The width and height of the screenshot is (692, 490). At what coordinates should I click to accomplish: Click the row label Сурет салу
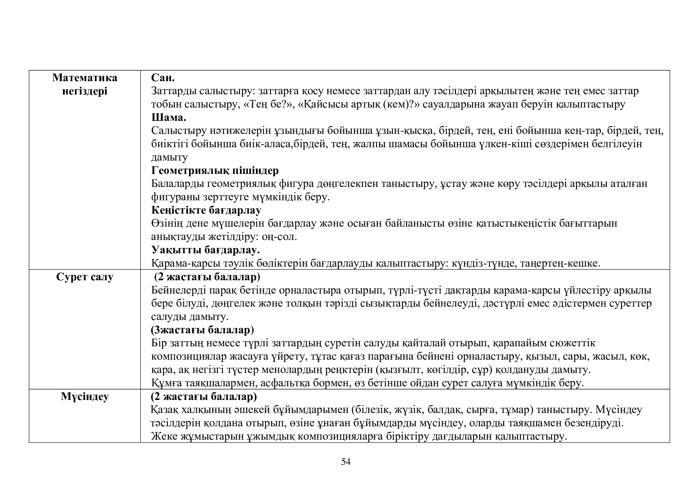85,277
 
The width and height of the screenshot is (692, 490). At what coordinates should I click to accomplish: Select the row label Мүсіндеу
85,396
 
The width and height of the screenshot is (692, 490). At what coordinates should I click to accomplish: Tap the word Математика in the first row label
85,78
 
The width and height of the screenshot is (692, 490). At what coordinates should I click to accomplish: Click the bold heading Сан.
163,78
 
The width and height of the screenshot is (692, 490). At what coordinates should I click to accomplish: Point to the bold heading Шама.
168,117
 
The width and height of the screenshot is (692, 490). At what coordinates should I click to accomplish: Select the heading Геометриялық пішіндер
214,170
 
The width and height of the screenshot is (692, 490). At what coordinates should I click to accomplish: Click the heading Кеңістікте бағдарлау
206,210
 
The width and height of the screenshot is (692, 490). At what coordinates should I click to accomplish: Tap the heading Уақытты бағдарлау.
206,250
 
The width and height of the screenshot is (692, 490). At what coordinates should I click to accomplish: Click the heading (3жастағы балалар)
202,330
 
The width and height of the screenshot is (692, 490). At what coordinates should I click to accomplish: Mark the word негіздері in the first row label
85,91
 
